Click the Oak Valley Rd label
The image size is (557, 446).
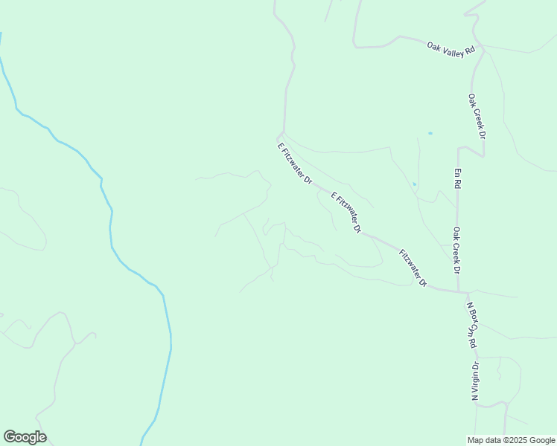pyautogui.click(x=451, y=49)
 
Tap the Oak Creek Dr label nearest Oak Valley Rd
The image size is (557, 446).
pyautogui.click(x=477, y=117)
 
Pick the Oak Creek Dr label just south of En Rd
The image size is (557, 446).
pyautogui.click(x=456, y=250)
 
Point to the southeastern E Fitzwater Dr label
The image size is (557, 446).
pyautogui.click(x=346, y=213)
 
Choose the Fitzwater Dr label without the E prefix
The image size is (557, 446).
pyautogui.click(x=413, y=268)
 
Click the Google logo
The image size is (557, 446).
pyautogui.click(x=25, y=437)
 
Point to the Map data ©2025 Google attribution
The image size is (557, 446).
pyautogui.click(x=511, y=440)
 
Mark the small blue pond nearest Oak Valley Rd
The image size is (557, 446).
pyautogui.click(x=430, y=133)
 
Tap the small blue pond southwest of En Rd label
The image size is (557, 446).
pyautogui.click(x=414, y=184)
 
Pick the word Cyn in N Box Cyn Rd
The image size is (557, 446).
pyautogui.click(x=474, y=327)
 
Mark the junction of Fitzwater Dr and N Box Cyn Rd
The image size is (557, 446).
pyautogui.click(x=459, y=292)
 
